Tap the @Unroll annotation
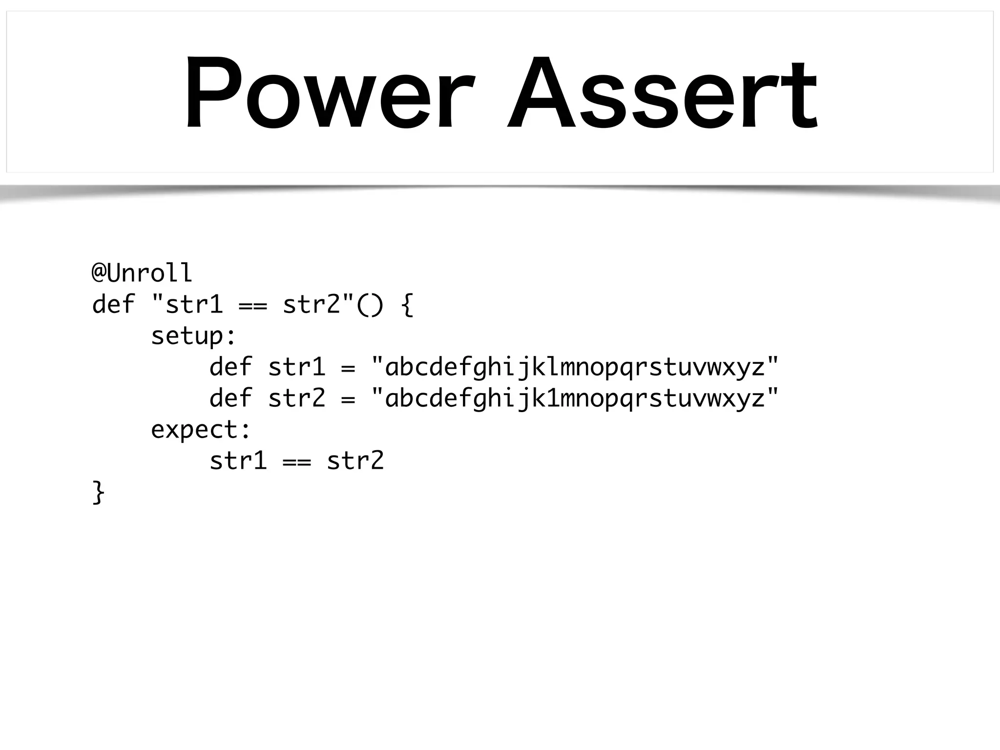pyautogui.click(x=142, y=273)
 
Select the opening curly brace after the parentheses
pyautogui.click(x=407, y=305)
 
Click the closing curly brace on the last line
pyautogui.click(x=98, y=492)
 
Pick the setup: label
pyautogui.click(x=193, y=336)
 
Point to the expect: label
pyautogui.click(x=201, y=430)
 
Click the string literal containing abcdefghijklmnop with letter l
pyautogui.click(x=575, y=367)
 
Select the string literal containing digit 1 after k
pyautogui.click(x=575, y=398)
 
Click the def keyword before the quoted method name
pyautogui.click(x=113, y=305)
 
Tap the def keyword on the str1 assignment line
pyautogui.click(x=230, y=367)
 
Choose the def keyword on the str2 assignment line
pyautogui.click(x=230, y=398)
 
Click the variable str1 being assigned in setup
pyautogui.click(x=296, y=367)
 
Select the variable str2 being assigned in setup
pyautogui.click(x=296, y=398)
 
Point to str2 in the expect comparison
pyautogui.click(x=355, y=461)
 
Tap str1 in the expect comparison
pyautogui.click(x=238, y=461)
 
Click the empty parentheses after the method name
pyautogui.click(x=370, y=305)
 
